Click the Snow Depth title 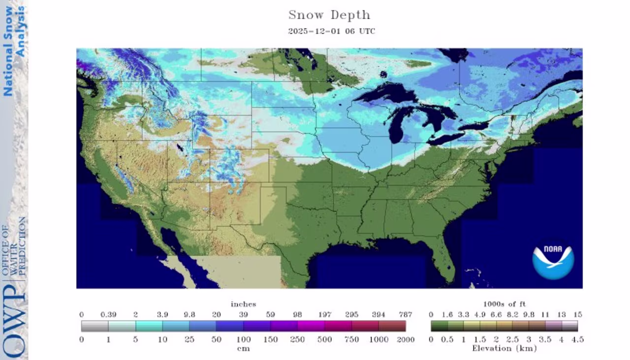pyautogui.click(x=329, y=15)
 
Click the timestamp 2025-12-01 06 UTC pyautogui.click(x=331, y=31)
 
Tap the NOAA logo pyautogui.click(x=553, y=259)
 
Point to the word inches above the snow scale pyautogui.click(x=244, y=304)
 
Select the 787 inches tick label pyautogui.click(x=406, y=314)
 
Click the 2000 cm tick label pyautogui.click(x=406, y=339)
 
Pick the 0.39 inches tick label pyautogui.click(x=108, y=314)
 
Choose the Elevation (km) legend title pyautogui.click(x=504, y=348)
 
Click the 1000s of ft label pyautogui.click(x=504, y=304)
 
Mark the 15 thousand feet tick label pyautogui.click(x=577, y=314)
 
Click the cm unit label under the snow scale pyautogui.click(x=244, y=348)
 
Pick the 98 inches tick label pyautogui.click(x=297, y=314)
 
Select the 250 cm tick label pyautogui.click(x=297, y=339)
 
